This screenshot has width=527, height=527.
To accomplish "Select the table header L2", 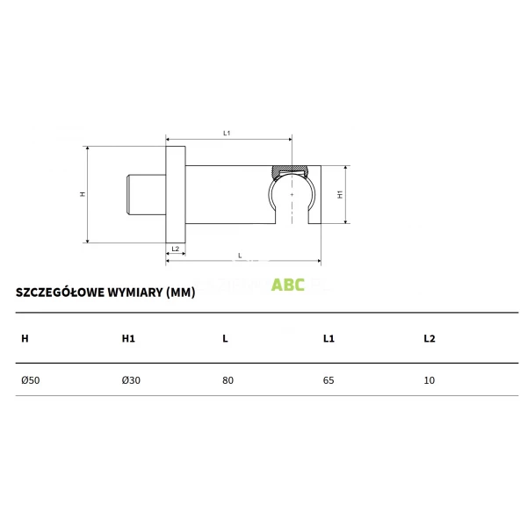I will point(430,338).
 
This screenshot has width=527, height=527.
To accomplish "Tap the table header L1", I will point(328,338).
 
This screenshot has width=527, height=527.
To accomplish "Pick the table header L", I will point(226,338).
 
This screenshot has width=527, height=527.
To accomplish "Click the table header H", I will point(25,338).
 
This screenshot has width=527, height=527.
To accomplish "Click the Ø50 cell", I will point(30,380).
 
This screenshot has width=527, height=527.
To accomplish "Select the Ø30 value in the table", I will point(131,380).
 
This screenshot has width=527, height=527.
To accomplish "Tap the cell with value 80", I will point(228,380).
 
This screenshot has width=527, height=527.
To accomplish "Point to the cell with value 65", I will point(329,380).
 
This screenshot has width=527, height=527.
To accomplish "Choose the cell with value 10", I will point(429,380).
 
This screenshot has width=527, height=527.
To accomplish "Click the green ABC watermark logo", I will point(288,285).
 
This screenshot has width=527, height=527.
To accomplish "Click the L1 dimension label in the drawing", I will point(227,133).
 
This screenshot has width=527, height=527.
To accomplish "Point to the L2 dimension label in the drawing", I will point(175,249).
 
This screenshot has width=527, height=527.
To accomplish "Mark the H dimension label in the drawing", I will point(83,194).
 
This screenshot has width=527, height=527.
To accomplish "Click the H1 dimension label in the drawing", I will point(340,194).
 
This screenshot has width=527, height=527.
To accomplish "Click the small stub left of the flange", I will point(146,194).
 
